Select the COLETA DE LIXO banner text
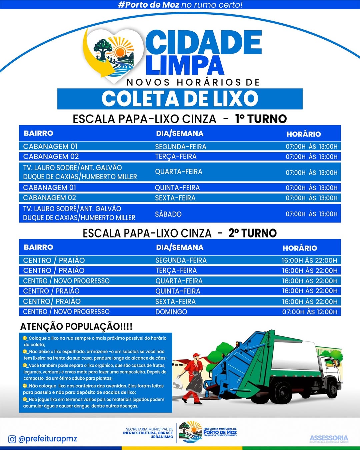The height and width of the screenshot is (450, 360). (180, 99)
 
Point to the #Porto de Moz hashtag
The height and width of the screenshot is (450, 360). (148, 5)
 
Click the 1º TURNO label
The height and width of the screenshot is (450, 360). (261, 119)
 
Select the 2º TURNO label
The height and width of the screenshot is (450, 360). (252, 233)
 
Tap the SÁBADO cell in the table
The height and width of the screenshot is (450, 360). (168, 214)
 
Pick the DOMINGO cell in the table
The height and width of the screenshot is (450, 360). (171, 312)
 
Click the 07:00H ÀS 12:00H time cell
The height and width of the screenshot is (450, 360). (310, 312)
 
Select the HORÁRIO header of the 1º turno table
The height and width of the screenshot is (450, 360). (303, 134)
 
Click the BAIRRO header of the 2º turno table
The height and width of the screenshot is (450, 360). (38, 247)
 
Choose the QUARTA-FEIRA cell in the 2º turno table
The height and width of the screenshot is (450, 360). (179, 281)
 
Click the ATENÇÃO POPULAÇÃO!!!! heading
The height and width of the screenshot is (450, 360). (76, 326)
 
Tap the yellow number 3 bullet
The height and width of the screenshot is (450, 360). (25, 365)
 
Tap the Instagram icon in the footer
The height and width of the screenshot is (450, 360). (12, 439)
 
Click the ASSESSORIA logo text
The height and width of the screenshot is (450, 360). (329, 438)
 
